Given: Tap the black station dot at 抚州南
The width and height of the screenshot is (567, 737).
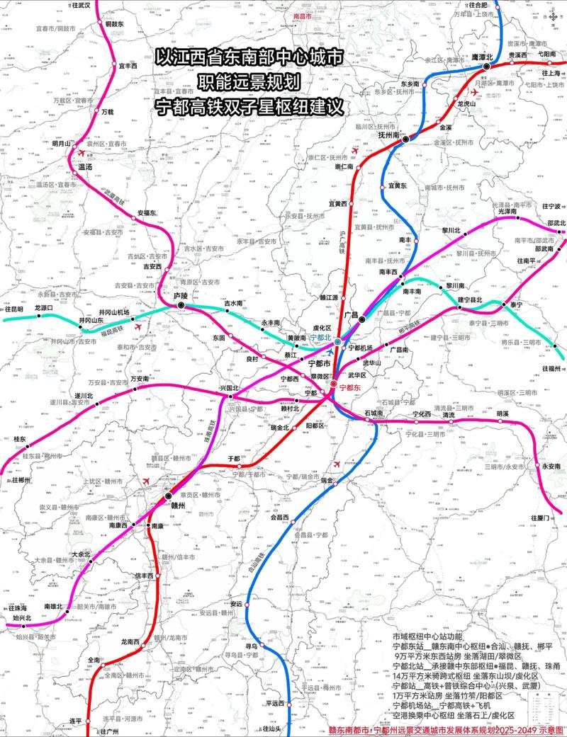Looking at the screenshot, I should point(405,140).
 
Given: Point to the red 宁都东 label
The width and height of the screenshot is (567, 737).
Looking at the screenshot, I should point(350,387).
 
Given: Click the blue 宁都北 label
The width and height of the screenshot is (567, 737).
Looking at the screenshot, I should point(319,338).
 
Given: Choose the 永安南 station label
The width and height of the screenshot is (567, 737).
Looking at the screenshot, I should point(550,466).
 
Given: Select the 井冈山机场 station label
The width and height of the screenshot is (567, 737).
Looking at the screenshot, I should point(113,312).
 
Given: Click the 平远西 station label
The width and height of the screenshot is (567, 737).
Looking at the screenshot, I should point(274,703).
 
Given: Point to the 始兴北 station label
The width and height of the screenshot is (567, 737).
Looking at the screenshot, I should point(23,618).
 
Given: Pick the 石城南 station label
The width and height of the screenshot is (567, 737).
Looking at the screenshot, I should point(373,412).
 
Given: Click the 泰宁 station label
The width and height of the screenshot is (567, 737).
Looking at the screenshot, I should point(511,304).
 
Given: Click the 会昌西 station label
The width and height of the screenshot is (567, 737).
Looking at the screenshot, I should point(281,518).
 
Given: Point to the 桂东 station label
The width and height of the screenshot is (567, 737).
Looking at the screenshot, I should point(20,440).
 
